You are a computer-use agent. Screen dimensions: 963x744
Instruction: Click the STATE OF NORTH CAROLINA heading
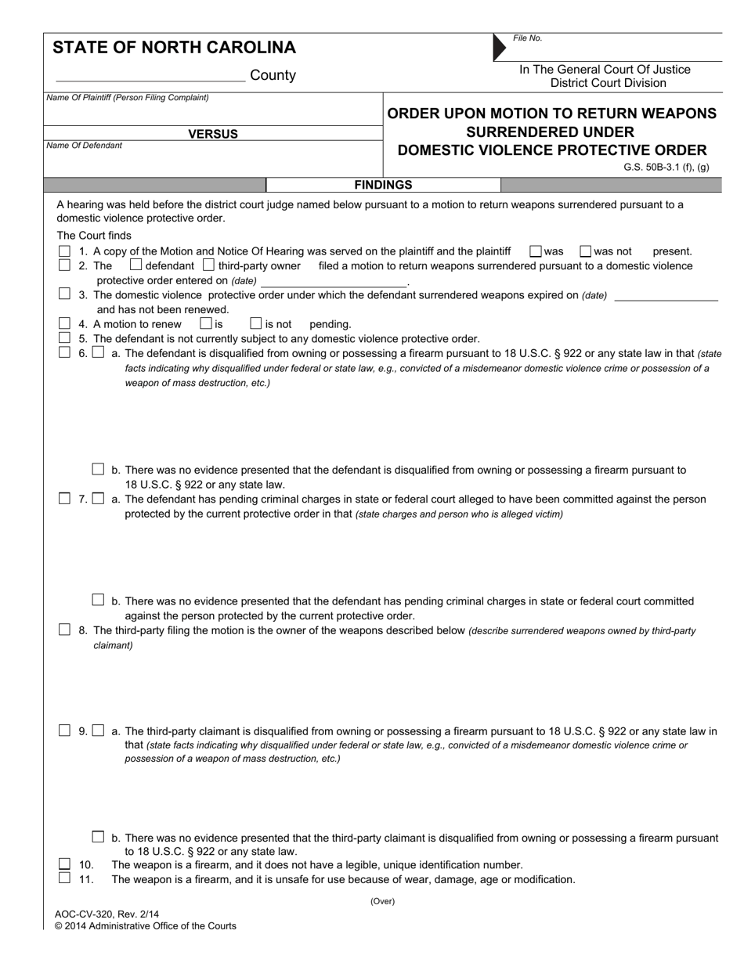pos(174,48)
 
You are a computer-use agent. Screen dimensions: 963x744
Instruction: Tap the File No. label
pos(528,38)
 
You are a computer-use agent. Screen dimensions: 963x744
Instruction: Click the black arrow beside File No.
pos(499,48)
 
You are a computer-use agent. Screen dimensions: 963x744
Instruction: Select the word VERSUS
pos(213,134)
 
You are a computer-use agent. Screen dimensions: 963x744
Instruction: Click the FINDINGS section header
pos(383,185)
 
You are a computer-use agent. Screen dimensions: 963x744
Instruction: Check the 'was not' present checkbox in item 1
pos(585,251)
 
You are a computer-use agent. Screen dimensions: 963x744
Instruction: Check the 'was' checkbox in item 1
pos(536,251)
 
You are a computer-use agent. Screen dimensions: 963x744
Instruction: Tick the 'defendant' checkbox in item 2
pos(135,265)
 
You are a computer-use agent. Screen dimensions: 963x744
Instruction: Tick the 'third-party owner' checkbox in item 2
pos(208,265)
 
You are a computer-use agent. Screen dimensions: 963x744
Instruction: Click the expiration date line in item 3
pos(666,295)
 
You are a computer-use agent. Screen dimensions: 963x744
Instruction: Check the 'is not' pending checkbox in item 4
pos(255,323)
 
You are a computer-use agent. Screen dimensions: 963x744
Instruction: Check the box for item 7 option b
pos(98,600)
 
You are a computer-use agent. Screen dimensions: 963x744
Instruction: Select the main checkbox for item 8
pos(64,629)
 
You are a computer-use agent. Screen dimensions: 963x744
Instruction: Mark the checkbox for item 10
pos(64,864)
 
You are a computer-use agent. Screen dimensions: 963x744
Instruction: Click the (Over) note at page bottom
pos(383,901)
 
